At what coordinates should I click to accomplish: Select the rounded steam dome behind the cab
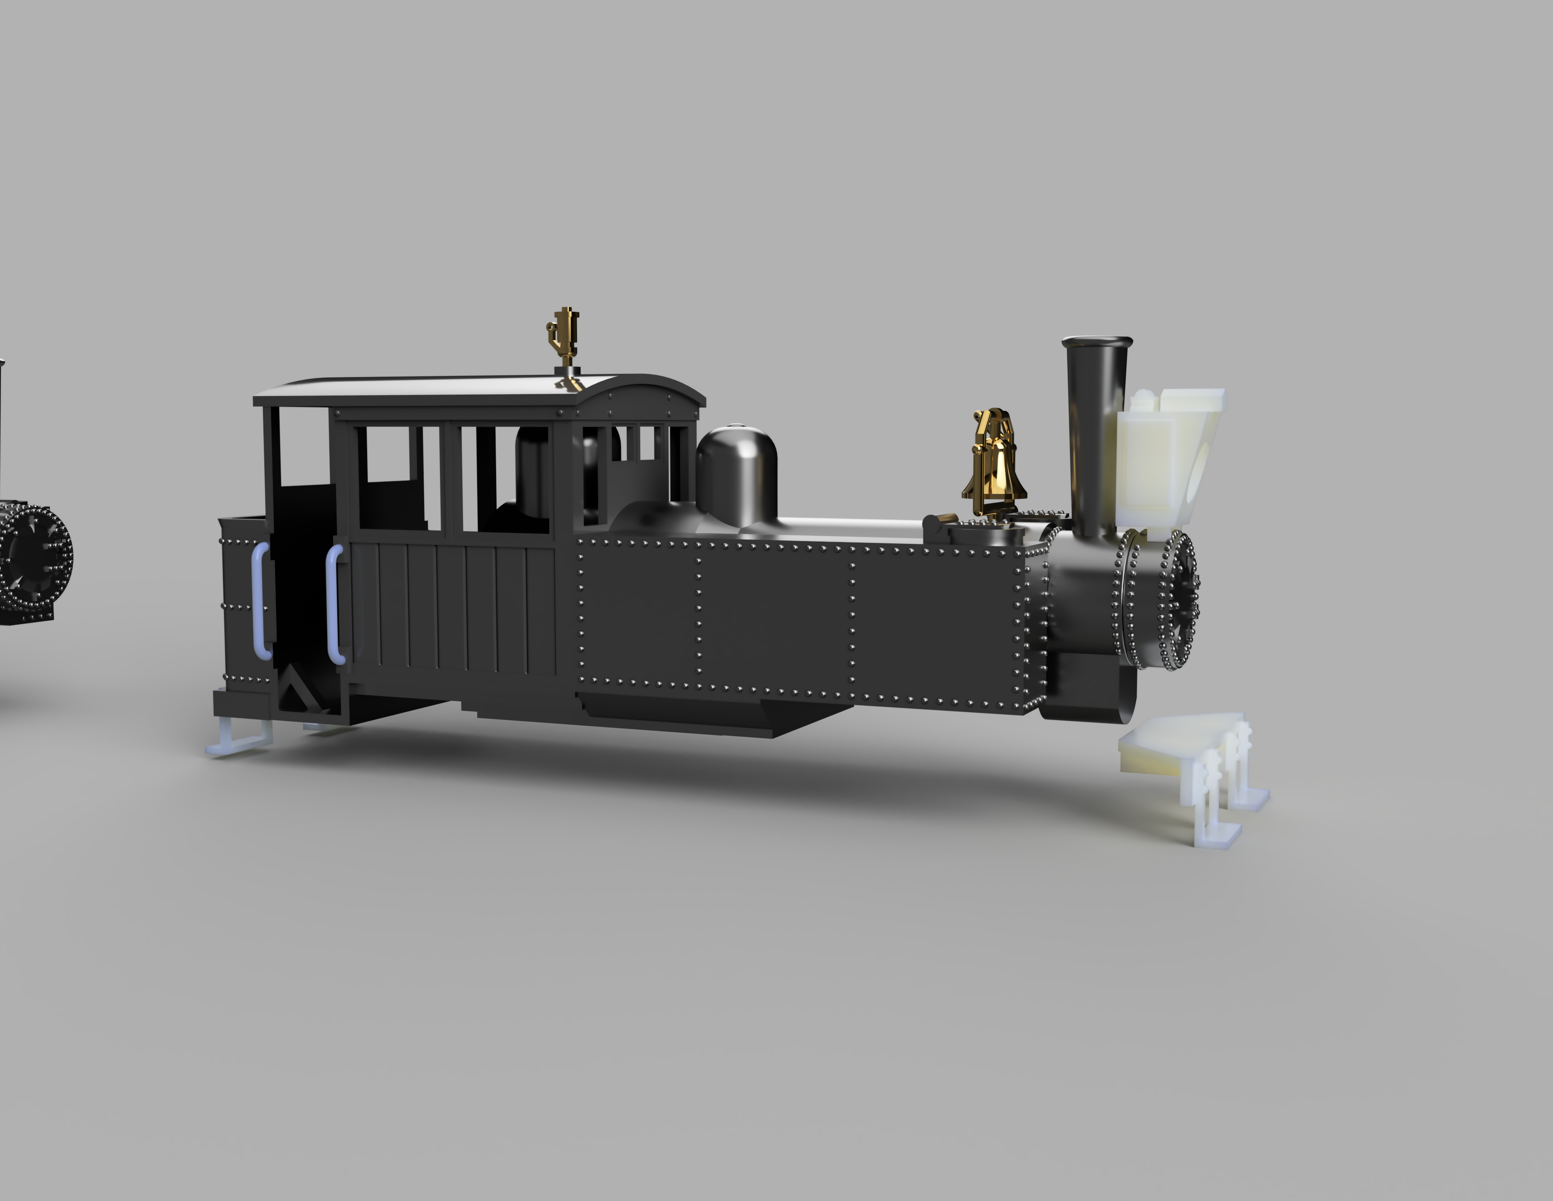click(x=736, y=470)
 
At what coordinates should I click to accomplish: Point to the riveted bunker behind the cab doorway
click(x=242, y=605)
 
